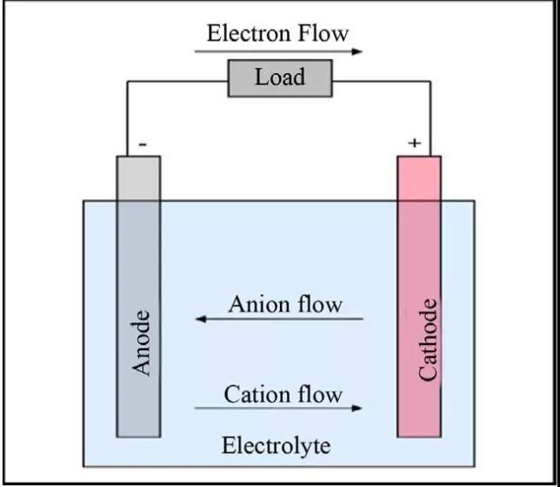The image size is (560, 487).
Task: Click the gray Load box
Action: [280, 78]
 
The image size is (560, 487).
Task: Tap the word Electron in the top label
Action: [247, 34]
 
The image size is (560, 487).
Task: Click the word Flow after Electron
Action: [321, 34]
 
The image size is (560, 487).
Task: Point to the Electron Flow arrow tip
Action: [362, 52]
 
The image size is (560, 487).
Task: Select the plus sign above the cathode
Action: [414, 143]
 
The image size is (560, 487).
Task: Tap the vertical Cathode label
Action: [427, 340]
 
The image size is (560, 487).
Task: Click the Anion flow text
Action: [285, 304]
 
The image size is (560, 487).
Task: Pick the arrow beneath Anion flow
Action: [278, 319]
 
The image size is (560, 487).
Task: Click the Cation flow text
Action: [283, 394]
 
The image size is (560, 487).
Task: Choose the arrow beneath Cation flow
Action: [278, 408]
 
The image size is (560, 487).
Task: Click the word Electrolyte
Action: [277, 446]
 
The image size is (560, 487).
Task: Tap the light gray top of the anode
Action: [138, 178]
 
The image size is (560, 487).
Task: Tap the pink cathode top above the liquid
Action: [419, 178]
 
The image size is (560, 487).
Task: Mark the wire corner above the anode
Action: [128, 82]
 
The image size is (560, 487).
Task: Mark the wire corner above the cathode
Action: [430, 82]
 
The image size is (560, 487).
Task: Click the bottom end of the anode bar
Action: [138, 433]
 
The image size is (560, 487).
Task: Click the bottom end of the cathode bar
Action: [419, 433]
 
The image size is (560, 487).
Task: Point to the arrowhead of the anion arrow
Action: [199, 319]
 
